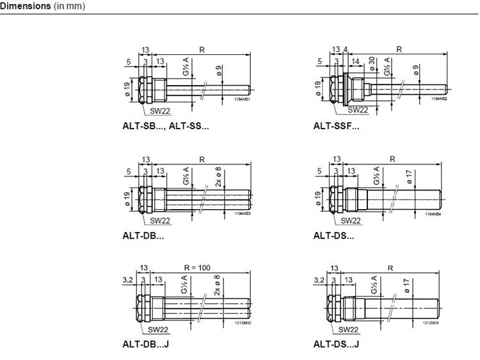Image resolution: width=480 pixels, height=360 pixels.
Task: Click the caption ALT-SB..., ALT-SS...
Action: pos(166,126)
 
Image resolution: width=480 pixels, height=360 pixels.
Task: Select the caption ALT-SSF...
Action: pos(337,126)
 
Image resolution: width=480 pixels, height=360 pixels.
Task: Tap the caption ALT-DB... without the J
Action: pos(143,235)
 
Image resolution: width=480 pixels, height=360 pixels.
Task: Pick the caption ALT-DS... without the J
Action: pos(334,235)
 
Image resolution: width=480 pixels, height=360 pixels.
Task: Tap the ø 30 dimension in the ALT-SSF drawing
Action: pos(372,65)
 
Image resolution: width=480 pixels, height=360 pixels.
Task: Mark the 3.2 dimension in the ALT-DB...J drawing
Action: pos(127,279)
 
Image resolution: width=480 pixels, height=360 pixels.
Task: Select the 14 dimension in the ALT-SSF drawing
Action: pos(355,61)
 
